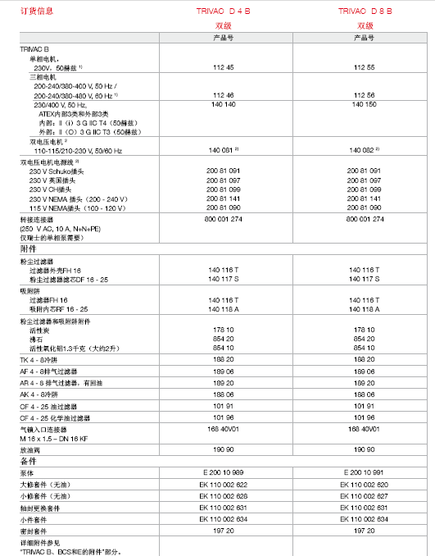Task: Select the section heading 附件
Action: coord(27,247)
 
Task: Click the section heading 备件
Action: coord(27,462)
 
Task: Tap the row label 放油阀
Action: coord(29,450)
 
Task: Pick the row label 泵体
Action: coord(26,473)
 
